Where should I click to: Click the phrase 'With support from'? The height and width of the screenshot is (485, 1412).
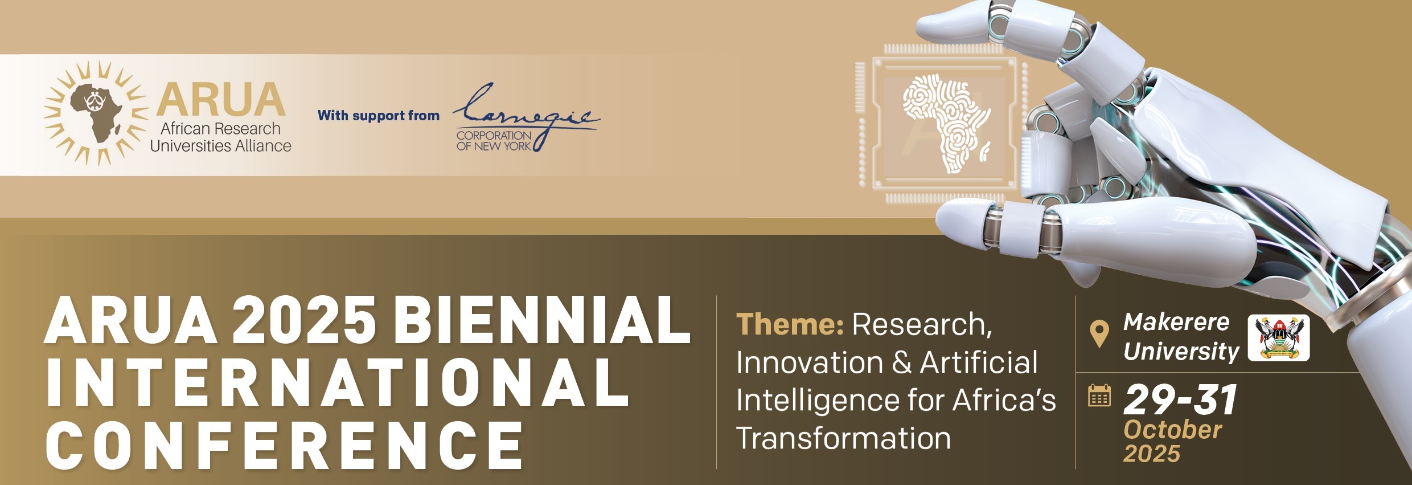379,116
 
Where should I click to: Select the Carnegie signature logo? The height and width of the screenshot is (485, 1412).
526,117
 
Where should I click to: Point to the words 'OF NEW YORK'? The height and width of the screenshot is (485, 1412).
494,146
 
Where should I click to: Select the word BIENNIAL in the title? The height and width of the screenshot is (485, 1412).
541,320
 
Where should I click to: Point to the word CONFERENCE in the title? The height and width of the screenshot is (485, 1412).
284,445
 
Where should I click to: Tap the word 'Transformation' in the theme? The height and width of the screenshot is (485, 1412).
843,438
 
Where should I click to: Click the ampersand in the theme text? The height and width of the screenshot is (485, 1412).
902,363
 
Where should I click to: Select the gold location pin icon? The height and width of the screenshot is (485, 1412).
1099,334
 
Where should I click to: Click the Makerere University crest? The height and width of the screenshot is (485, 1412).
1279,338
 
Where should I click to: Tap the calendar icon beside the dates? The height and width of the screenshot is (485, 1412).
1099,396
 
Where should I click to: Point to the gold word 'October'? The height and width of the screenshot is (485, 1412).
1173,430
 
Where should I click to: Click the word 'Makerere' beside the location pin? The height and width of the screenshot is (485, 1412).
1176,323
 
